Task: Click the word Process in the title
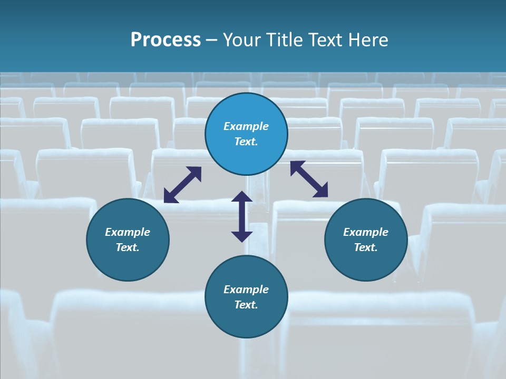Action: [x=166, y=40]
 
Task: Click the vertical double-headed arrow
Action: [x=241, y=216]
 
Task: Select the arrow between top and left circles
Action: [x=182, y=185]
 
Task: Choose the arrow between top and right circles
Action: [x=309, y=179]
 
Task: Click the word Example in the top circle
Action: [x=246, y=126]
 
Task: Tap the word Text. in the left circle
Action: [x=128, y=247]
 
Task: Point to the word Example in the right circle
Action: [x=366, y=232]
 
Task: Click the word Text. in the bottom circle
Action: [x=246, y=305]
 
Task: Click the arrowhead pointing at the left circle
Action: [x=170, y=197]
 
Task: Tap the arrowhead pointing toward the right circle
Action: [x=321, y=191]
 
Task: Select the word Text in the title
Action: [x=326, y=40]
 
